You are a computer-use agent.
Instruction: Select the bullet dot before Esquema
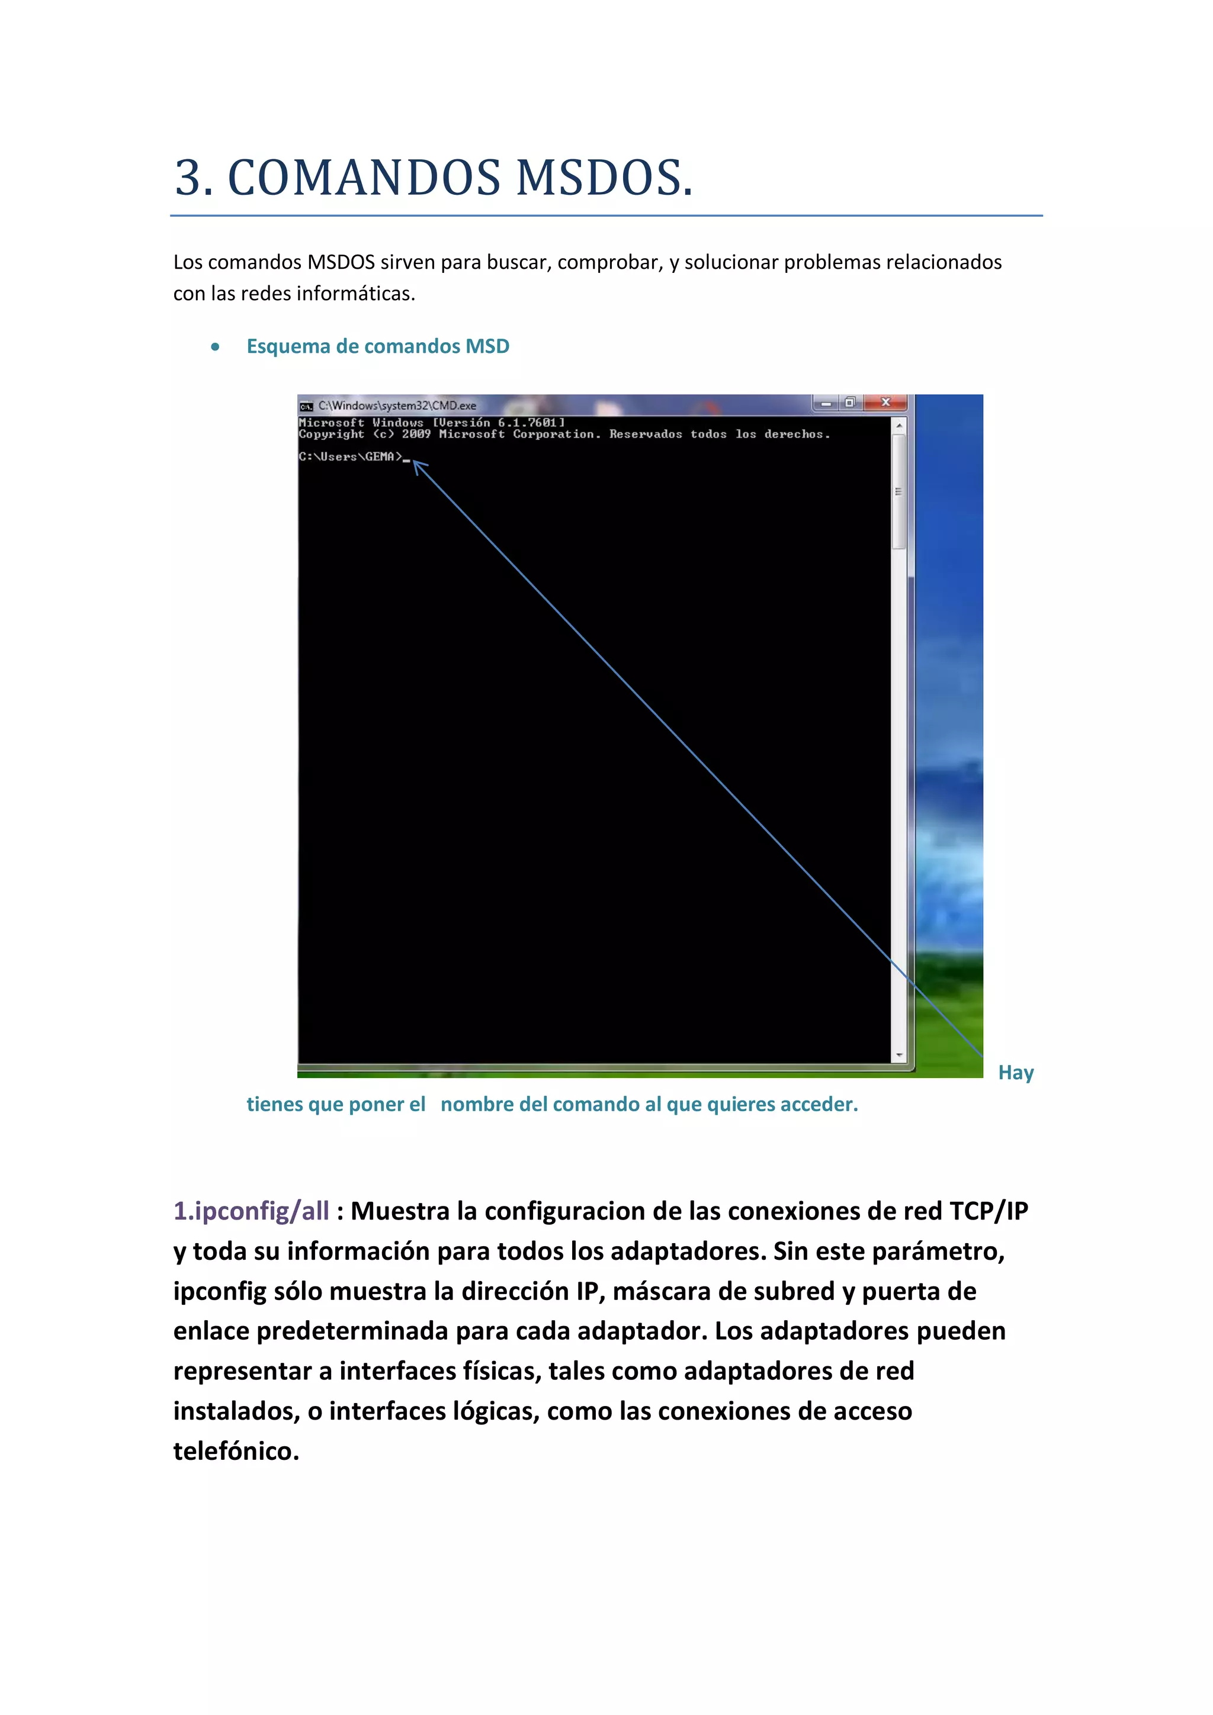(x=215, y=346)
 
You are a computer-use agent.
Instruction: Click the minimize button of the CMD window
(x=826, y=403)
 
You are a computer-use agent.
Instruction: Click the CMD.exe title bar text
(x=397, y=406)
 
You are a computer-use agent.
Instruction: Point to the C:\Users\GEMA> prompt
(x=350, y=456)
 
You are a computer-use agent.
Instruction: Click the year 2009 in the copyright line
(x=416, y=434)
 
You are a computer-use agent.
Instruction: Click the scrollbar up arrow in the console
(x=899, y=425)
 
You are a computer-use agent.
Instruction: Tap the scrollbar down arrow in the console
(x=899, y=1055)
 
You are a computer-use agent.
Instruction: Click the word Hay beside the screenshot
(x=1016, y=1073)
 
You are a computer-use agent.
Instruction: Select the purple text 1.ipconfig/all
(x=251, y=1211)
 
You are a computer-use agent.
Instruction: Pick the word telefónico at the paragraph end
(x=236, y=1452)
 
